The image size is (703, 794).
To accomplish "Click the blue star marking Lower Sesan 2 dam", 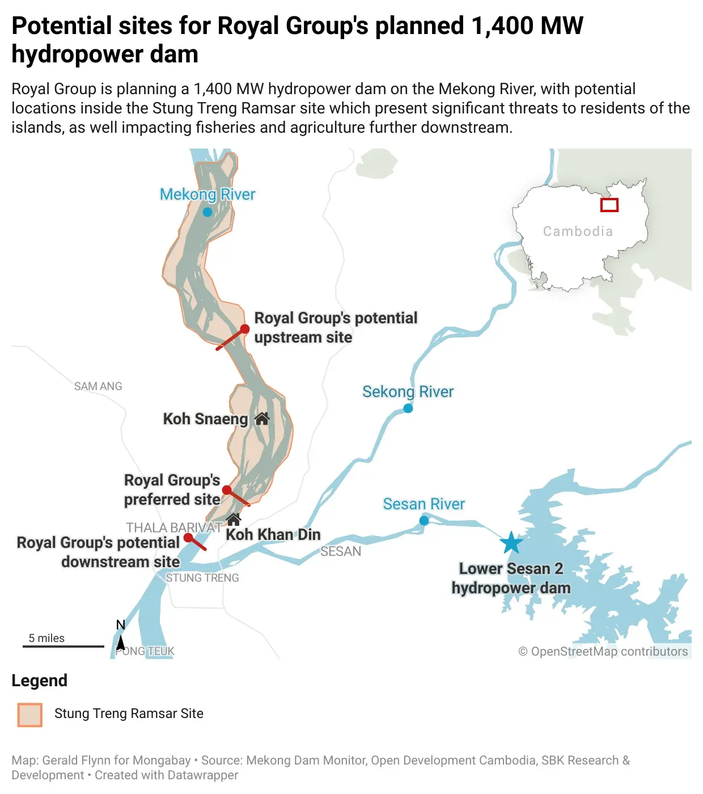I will click(x=511, y=543).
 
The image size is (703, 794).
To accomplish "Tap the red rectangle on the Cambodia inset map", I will click(x=609, y=205).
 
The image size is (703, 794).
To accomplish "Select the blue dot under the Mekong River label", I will click(x=207, y=212).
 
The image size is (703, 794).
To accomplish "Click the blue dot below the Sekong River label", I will click(x=408, y=408).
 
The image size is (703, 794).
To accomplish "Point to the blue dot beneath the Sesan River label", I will click(x=424, y=521).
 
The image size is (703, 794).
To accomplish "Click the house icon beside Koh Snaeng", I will click(x=262, y=419).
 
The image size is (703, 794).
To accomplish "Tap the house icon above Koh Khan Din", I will click(x=234, y=520).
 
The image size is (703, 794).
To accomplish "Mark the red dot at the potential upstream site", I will click(x=245, y=330).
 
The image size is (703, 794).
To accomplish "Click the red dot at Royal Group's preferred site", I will click(x=227, y=490).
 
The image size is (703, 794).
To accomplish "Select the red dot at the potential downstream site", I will click(x=188, y=538).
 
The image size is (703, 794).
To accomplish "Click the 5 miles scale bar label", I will click(x=46, y=638).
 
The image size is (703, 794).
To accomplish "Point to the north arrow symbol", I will click(x=121, y=643).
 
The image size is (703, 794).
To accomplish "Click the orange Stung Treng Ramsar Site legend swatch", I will click(x=29, y=715).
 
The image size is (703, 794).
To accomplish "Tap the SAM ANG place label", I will click(x=98, y=386).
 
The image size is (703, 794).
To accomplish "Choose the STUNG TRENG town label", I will click(x=202, y=578).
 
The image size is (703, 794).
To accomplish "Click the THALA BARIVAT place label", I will click(x=173, y=527).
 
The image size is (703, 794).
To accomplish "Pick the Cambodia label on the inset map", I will click(x=578, y=231).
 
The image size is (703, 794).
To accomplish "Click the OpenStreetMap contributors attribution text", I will click(x=603, y=652).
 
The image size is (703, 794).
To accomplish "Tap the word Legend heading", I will click(x=40, y=681).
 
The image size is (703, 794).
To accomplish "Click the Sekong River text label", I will click(x=408, y=392).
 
